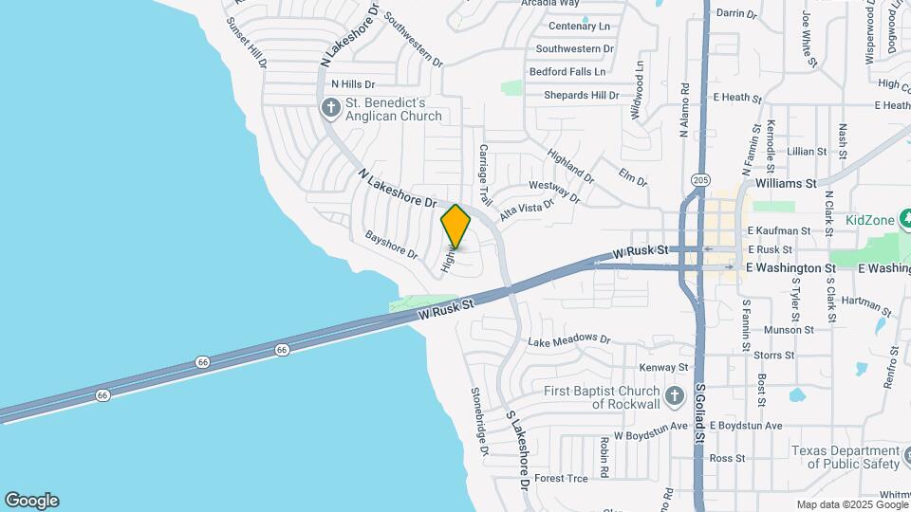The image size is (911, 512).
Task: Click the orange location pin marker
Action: coord(456,227)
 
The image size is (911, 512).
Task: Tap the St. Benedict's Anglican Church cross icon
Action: coord(331,107)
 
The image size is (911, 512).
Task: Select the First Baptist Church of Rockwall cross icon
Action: coord(674,396)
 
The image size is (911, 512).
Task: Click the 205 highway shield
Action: coord(701,179)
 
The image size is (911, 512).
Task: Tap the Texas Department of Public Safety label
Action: coord(846,457)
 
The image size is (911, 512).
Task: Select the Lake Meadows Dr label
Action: coord(569,338)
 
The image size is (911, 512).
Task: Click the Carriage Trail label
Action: coord(485,176)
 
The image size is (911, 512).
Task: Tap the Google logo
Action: coord(31,501)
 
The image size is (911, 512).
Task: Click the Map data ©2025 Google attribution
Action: coord(851,505)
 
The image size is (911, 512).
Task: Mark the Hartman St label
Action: coord(866,304)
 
